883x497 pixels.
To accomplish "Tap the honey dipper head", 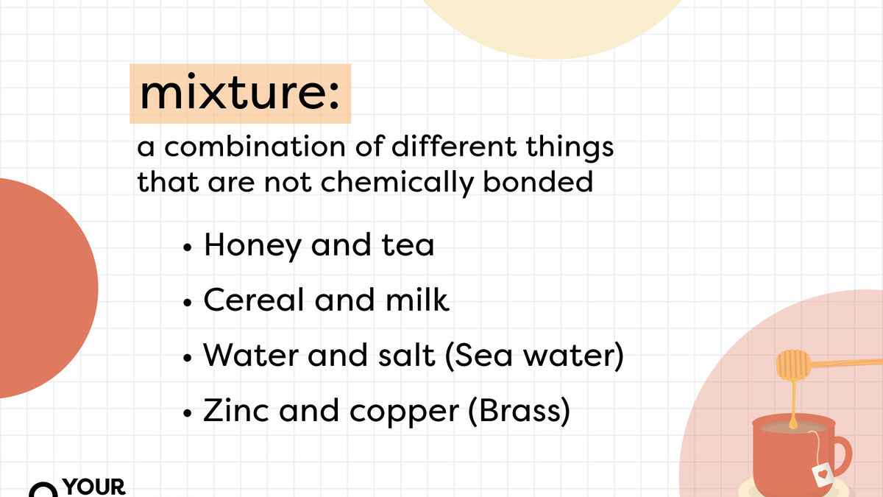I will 793,362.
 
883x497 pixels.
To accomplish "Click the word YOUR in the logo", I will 95,487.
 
